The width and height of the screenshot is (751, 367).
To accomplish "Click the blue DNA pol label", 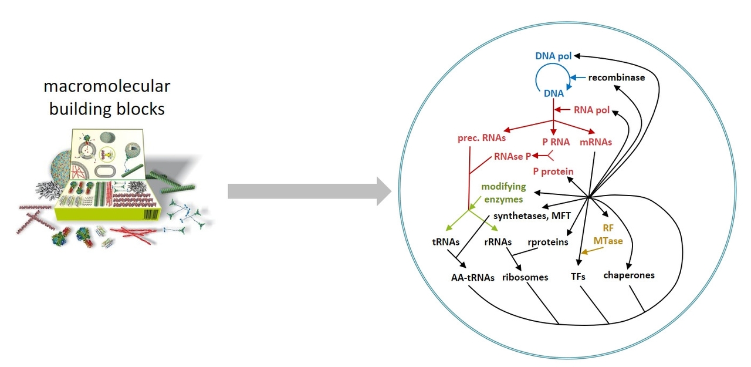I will (x=554, y=56).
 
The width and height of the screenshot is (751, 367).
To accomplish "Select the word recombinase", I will (x=617, y=78).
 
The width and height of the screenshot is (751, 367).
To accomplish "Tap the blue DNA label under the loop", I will (x=553, y=93).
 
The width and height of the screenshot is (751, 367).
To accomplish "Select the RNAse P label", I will (x=513, y=156).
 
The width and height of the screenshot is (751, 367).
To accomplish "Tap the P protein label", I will (x=553, y=171).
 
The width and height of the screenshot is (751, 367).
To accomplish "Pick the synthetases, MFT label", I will (x=532, y=216).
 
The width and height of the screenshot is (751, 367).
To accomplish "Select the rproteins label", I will (x=548, y=242).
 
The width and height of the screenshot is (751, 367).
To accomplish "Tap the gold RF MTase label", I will (x=612, y=234).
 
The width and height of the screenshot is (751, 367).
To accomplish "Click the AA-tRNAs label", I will (x=469, y=277).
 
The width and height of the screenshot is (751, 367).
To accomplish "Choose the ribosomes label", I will (x=525, y=277).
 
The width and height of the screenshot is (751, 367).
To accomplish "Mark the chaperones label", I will (x=629, y=275).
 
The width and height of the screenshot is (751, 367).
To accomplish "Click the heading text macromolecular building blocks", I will (x=107, y=97).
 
